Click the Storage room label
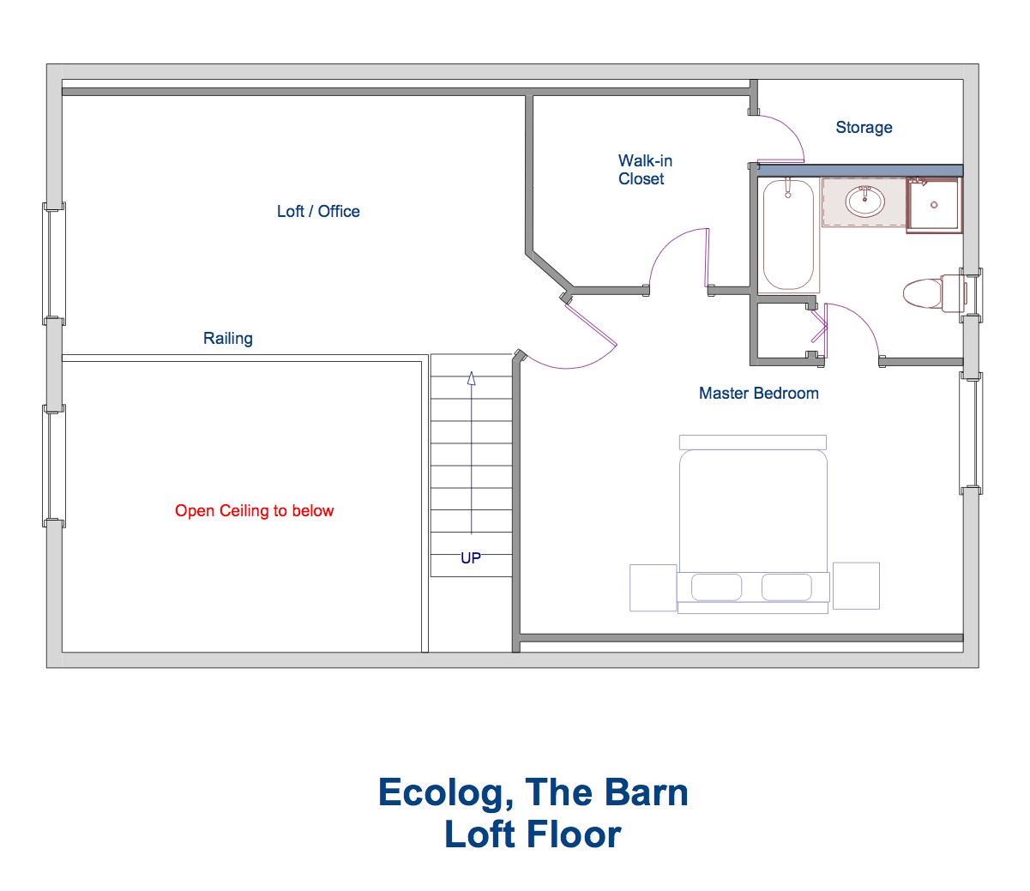(864, 128)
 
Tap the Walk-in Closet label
(645, 170)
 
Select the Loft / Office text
(318, 211)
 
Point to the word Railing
(228, 339)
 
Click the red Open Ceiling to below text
(254, 511)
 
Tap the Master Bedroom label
(758, 393)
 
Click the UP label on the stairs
(470, 557)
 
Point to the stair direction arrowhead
(471, 378)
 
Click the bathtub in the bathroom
(788, 234)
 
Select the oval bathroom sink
(865, 202)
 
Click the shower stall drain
(934, 205)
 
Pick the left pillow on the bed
(716, 587)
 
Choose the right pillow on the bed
(786, 587)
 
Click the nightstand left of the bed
(653, 587)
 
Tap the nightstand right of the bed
(856, 586)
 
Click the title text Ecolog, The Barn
(533, 792)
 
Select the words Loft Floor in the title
(533, 834)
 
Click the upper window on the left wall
(54, 263)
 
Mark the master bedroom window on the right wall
(971, 434)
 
